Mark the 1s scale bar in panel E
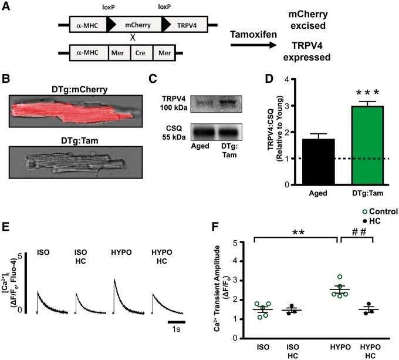pyautogui.click(x=177, y=322)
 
